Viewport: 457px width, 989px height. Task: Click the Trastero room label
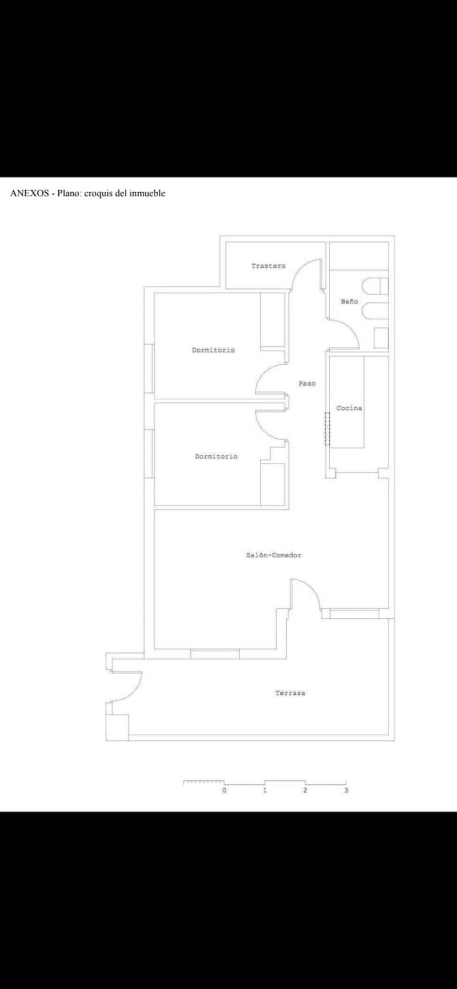coord(268,266)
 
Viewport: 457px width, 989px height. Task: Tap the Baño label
coord(350,302)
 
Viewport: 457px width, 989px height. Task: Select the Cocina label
coord(349,408)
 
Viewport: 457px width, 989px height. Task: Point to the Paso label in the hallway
coord(307,384)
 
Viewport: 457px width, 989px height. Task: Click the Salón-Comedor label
coord(274,555)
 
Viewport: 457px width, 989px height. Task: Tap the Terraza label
coord(290,694)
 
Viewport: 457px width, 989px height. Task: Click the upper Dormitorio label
coord(213,350)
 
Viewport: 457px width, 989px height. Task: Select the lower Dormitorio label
coord(216,457)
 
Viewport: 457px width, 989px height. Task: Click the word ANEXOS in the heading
coord(29,193)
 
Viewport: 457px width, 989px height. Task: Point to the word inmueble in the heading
coord(147,193)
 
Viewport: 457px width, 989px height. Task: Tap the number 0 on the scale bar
coord(225,791)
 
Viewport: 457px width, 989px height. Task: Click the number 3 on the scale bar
coord(346,791)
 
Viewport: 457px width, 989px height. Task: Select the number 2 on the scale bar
coord(306,791)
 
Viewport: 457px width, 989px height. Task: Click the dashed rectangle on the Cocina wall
coord(328,428)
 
